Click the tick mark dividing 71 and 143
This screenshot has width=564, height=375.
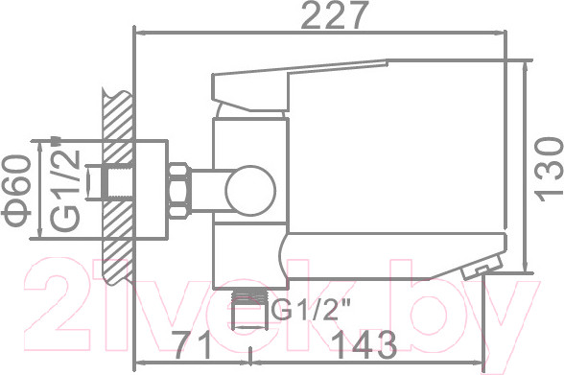tap(249, 362)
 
